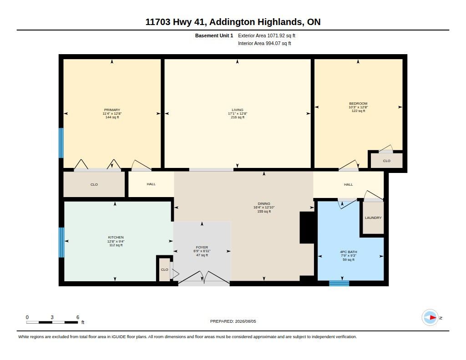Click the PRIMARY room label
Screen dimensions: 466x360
(112, 110)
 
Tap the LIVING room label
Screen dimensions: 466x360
(238, 110)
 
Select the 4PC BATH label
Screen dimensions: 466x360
(348, 252)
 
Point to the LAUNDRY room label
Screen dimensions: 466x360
(373, 218)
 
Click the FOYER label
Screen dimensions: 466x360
(202, 247)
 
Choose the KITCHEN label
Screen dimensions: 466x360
(116, 237)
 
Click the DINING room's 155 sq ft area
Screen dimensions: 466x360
(264, 211)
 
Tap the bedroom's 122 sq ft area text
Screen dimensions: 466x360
(358, 111)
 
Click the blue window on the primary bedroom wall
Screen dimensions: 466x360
(61, 143)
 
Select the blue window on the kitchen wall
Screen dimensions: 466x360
(61, 242)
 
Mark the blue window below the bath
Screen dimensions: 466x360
(339, 283)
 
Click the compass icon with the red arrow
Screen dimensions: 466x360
(430, 318)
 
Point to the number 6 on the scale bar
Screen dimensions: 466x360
(78, 317)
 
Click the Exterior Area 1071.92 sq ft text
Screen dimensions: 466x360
(267, 35)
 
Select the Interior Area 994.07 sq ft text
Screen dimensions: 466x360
(264, 43)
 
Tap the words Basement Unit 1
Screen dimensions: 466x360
(214, 35)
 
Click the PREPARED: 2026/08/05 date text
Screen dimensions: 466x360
(233, 321)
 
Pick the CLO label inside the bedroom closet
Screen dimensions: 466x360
(386, 161)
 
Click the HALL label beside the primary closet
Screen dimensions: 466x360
(151, 184)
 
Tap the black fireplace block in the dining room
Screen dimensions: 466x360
(307, 228)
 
